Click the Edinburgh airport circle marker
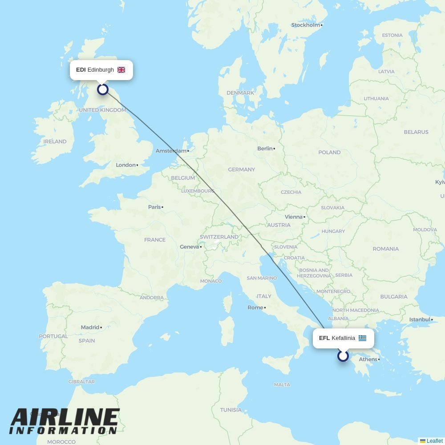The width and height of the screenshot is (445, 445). (103, 89)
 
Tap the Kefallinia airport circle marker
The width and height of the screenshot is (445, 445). (343, 356)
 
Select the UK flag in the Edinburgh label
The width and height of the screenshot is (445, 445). (121, 70)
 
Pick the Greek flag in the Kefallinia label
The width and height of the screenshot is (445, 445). (362, 338)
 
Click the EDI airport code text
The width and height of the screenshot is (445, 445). (81, 70)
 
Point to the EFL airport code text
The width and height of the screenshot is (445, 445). (324, 338)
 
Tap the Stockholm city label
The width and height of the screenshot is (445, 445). (306, 25)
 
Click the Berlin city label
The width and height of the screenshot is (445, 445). (265, 149)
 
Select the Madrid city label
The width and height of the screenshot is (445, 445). (90, 328)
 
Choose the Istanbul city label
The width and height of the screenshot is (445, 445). (420, 320)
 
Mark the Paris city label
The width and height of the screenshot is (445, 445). (154, 207)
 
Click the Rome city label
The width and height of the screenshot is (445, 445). (255, 307)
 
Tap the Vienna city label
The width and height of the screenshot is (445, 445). (293, 217)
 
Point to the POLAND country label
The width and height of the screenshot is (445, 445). (329, 152)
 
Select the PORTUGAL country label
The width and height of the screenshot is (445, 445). (53, 336)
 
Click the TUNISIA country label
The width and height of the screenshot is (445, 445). (231, 410)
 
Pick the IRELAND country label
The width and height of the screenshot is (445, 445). (55, 142)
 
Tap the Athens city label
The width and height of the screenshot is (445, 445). (368, 360)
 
